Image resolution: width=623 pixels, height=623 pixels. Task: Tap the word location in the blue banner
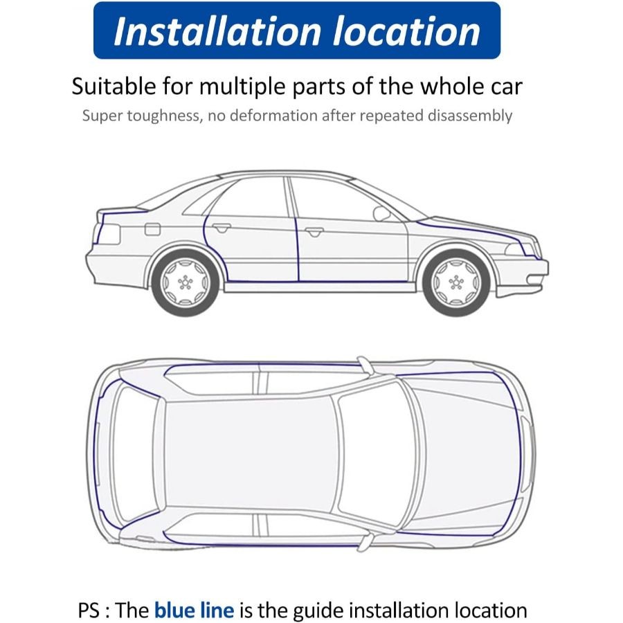coord(411,31)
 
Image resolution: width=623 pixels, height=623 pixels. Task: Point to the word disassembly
coord(466,116)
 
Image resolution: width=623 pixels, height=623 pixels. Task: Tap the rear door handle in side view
coord(222,227)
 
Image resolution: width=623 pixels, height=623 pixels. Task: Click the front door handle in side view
coord(314,231)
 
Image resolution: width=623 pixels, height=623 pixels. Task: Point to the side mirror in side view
coord(381,213)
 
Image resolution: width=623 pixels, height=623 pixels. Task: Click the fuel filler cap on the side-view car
coord(152,229)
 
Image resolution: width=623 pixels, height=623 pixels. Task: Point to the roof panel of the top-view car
coord(249,453)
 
